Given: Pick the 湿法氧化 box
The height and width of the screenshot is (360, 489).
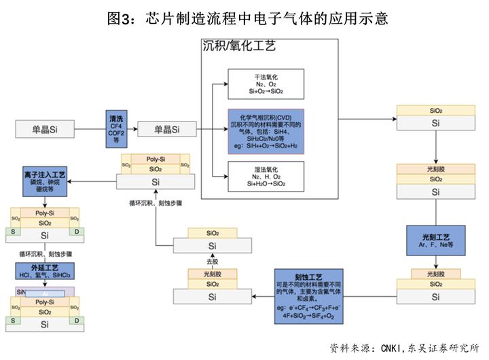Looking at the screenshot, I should [266, 175].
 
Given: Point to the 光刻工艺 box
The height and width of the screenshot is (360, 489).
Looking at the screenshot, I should [435, 238].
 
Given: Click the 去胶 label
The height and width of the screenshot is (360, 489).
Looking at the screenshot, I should [213, 261].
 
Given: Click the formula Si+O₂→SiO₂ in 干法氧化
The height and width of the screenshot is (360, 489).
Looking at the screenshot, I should [266, 91].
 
